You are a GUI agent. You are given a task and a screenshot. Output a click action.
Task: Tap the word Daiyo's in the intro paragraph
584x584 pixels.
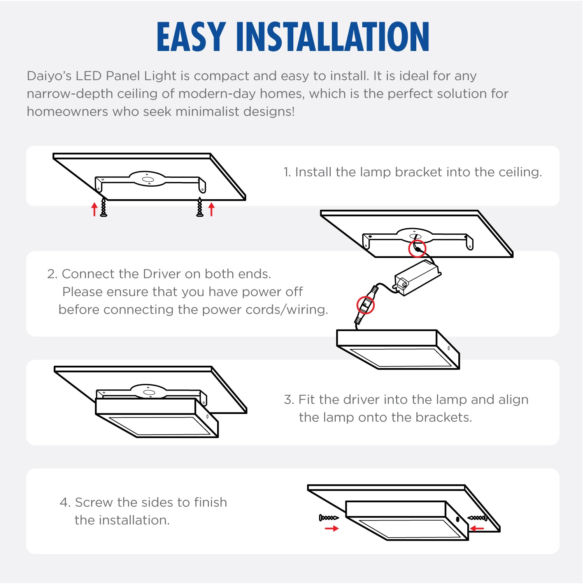tap(49, 76)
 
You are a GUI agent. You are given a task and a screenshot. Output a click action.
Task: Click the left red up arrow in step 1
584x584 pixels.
tap(94, 209)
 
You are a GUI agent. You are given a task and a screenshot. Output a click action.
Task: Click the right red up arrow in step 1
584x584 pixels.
tap(211, 209)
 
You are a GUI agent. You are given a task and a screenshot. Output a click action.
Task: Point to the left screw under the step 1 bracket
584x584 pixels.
tap(103, 207)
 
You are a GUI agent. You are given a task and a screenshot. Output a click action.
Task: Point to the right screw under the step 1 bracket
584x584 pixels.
tap(200, 207)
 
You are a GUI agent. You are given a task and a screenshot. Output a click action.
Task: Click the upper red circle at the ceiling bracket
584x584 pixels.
tap(417, 248)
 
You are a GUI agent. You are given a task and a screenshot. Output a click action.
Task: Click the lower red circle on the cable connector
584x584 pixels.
tap(365, 305)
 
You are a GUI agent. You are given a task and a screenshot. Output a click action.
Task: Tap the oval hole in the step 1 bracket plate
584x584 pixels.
tap(147, 179)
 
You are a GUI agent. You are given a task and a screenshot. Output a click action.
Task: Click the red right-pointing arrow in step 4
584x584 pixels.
tap(332, 528)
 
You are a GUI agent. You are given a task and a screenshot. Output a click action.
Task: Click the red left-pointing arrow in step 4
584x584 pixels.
tap(477, 528)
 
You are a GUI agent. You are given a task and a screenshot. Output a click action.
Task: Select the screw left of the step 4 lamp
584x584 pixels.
tap(329, 518)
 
